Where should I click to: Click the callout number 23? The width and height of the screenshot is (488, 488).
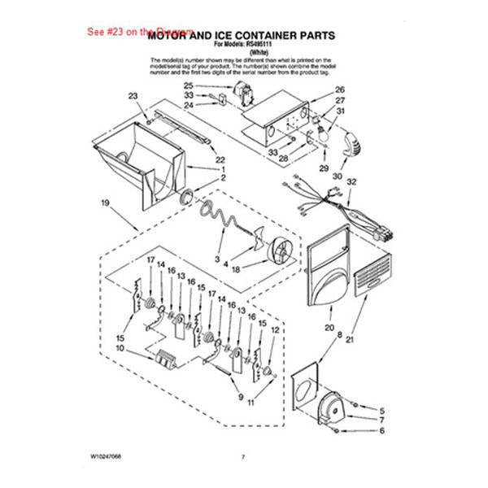pos(133,96)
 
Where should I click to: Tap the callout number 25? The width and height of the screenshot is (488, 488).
pos(188,86)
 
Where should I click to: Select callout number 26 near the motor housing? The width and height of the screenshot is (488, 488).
pos(340,89)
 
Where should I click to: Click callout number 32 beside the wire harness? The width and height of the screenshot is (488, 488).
pos(351,183)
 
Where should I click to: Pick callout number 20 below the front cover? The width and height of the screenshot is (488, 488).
pos(329,328)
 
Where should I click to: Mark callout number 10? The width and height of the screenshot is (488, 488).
pos(120,348)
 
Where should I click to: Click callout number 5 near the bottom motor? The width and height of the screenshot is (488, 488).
pos(381,411)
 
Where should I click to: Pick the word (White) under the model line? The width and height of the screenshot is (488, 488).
pos(242,52)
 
